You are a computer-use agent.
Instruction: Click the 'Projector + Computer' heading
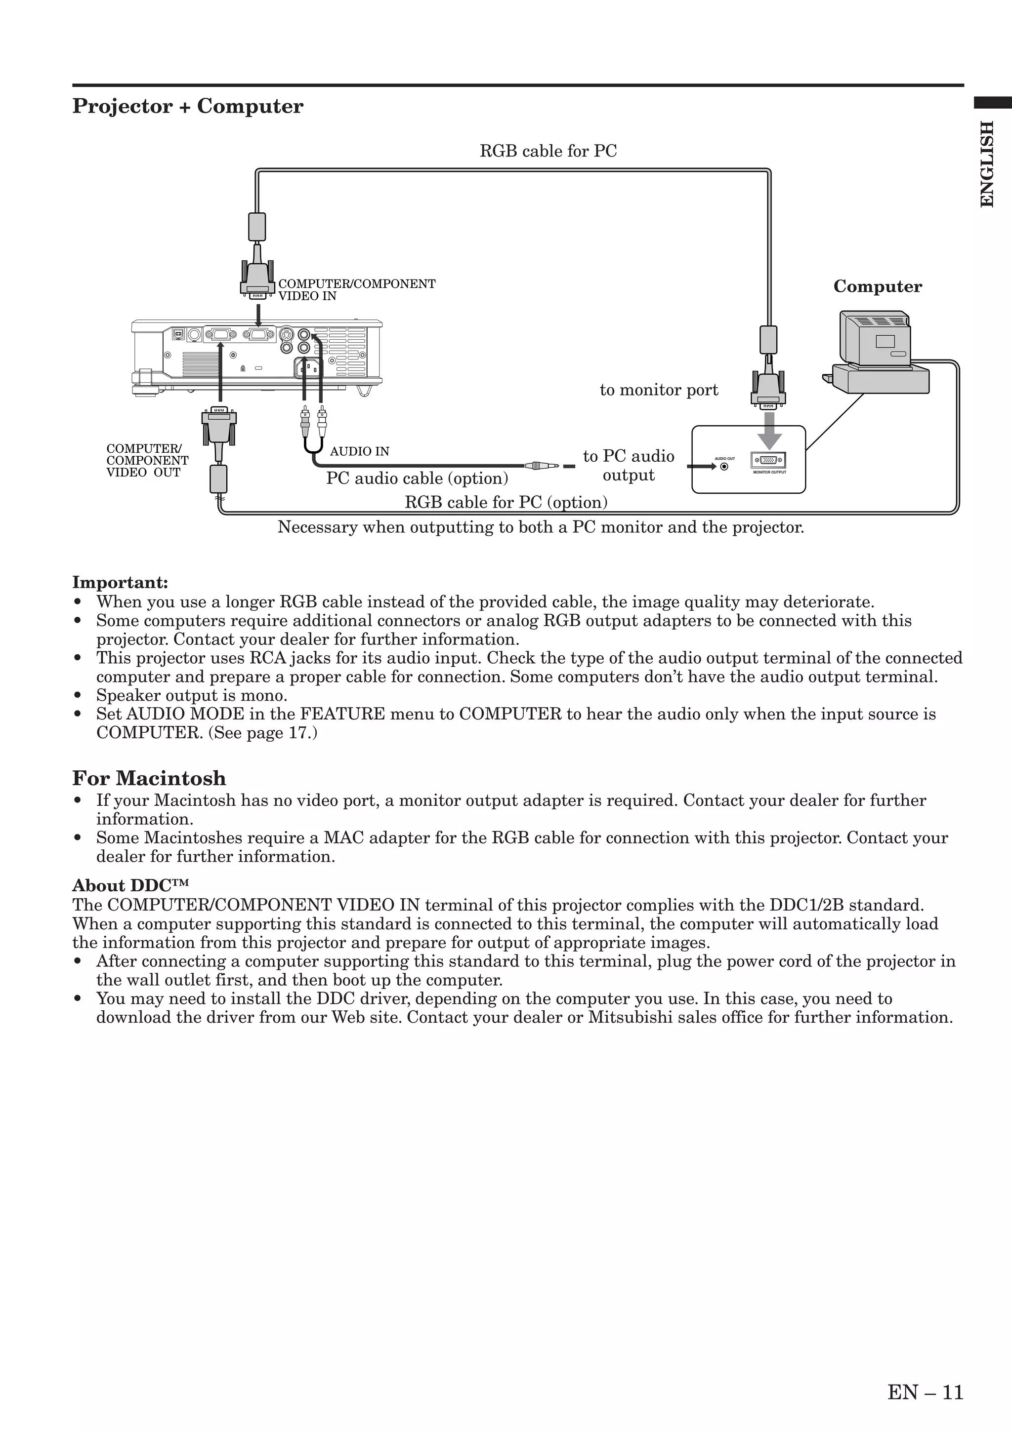[188, 107]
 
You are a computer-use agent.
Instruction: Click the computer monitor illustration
[875, 340]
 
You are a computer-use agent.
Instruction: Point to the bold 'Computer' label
[877, 287]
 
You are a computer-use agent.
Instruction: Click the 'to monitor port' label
[659, 390]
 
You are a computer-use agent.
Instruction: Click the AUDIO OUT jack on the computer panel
[724, 466]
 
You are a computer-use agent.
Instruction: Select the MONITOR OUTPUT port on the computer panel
[768, 461]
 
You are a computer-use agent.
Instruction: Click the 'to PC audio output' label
[629, 466]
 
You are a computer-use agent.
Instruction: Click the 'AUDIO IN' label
[359, 451]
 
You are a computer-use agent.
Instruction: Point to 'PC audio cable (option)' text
[417, 478]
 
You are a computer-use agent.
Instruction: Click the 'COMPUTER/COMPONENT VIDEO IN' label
[356, 290]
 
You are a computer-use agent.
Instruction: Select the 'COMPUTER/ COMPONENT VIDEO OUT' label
[147, 461]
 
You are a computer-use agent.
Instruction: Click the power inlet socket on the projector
[310, 369]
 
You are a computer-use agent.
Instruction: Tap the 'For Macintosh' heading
[149, 778]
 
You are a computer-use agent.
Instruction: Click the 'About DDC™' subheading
[130, 886]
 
